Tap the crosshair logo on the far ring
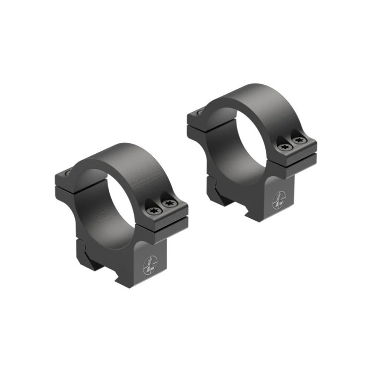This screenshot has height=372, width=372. [x=279, y=200]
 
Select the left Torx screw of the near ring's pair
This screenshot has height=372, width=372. [x=152, y=210]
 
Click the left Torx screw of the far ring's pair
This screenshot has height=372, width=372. [x=284, y=147]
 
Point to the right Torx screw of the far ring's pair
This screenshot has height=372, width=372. [x=298, y=140]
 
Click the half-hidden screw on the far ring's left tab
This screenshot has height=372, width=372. [x=200, y=113]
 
